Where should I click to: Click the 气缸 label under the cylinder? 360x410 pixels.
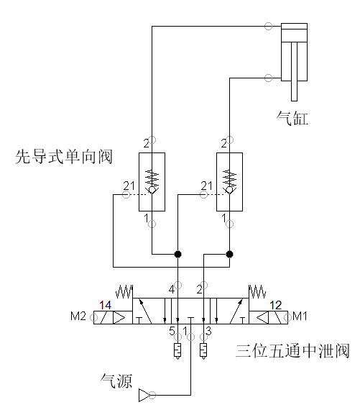pyautogui.click(x=292, y=118)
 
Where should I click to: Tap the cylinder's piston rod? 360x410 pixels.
pyautogui.click(x=294, y=71)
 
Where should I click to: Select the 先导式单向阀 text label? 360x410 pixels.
pyautogui.click(x=64, y=157)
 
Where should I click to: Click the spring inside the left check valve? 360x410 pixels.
pyautogui.click(x=152, y=178)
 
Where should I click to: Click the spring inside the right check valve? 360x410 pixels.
pyautogui.click(x=229, y=178)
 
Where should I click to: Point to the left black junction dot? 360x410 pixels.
pyautogui.click(x=177, y=254)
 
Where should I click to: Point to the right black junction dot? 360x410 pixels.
pyautogui.click(x=229, y=254)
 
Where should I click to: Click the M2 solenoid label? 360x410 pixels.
pyautogui.click(x=78, y=316)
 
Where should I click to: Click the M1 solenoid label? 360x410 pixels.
pyautogui.click(x=300, y=316)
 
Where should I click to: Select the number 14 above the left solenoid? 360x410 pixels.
pyautogui.click(x=105, y=305)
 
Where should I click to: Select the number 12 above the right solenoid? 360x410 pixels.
pyautogui.click(x=275, y=305)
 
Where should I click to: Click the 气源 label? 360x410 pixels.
pyautogui.click(x=116, y=381)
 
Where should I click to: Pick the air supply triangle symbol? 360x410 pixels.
pyautogui.click(x=144, y=395)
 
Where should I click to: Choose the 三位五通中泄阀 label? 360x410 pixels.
pyautogui.click(x=292, y=350)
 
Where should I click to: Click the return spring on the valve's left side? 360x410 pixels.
pyautogui.click(x=124, y=291)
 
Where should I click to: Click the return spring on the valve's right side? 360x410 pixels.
pyautogui.click(x=257, y=291)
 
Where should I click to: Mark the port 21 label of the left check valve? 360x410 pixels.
pyautogui.click(x=129, y=186)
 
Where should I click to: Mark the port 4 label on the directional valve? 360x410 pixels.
pyautogui.click(x=172, y=290)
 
